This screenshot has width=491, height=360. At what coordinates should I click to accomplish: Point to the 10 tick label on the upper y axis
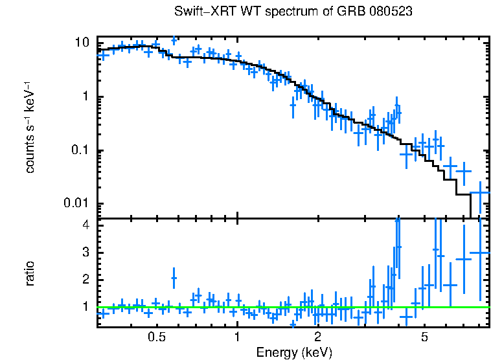[82, 43]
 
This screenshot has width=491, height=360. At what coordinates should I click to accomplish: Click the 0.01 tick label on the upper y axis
[76, 204]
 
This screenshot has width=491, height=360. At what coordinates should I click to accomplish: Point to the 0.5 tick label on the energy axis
[157, 337]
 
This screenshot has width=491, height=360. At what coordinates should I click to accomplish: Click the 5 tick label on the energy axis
[424, 337]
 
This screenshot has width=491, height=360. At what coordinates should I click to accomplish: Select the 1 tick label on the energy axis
[238, 337]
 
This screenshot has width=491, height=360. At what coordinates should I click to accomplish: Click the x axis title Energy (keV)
[294, 352]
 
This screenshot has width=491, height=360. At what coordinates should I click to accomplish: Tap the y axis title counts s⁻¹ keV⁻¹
[30, 128]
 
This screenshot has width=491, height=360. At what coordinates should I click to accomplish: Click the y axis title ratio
[30, 273]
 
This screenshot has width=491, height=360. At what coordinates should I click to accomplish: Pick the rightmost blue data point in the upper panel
[480, 192]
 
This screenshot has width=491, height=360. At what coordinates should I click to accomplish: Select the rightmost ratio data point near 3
[480, 253]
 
